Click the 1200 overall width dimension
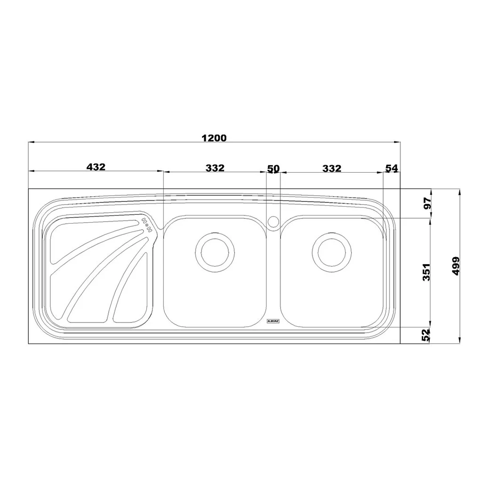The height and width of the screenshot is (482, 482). point(214,138)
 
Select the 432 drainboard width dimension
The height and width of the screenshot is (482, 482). point(96,167)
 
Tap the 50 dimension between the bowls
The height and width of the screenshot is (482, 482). point(273,169)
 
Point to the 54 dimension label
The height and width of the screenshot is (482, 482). point(392,168)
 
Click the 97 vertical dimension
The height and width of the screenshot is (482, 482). point(427,203)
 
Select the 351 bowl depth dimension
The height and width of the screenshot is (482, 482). point(426,272)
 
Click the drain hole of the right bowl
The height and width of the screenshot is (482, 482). point(331,252)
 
